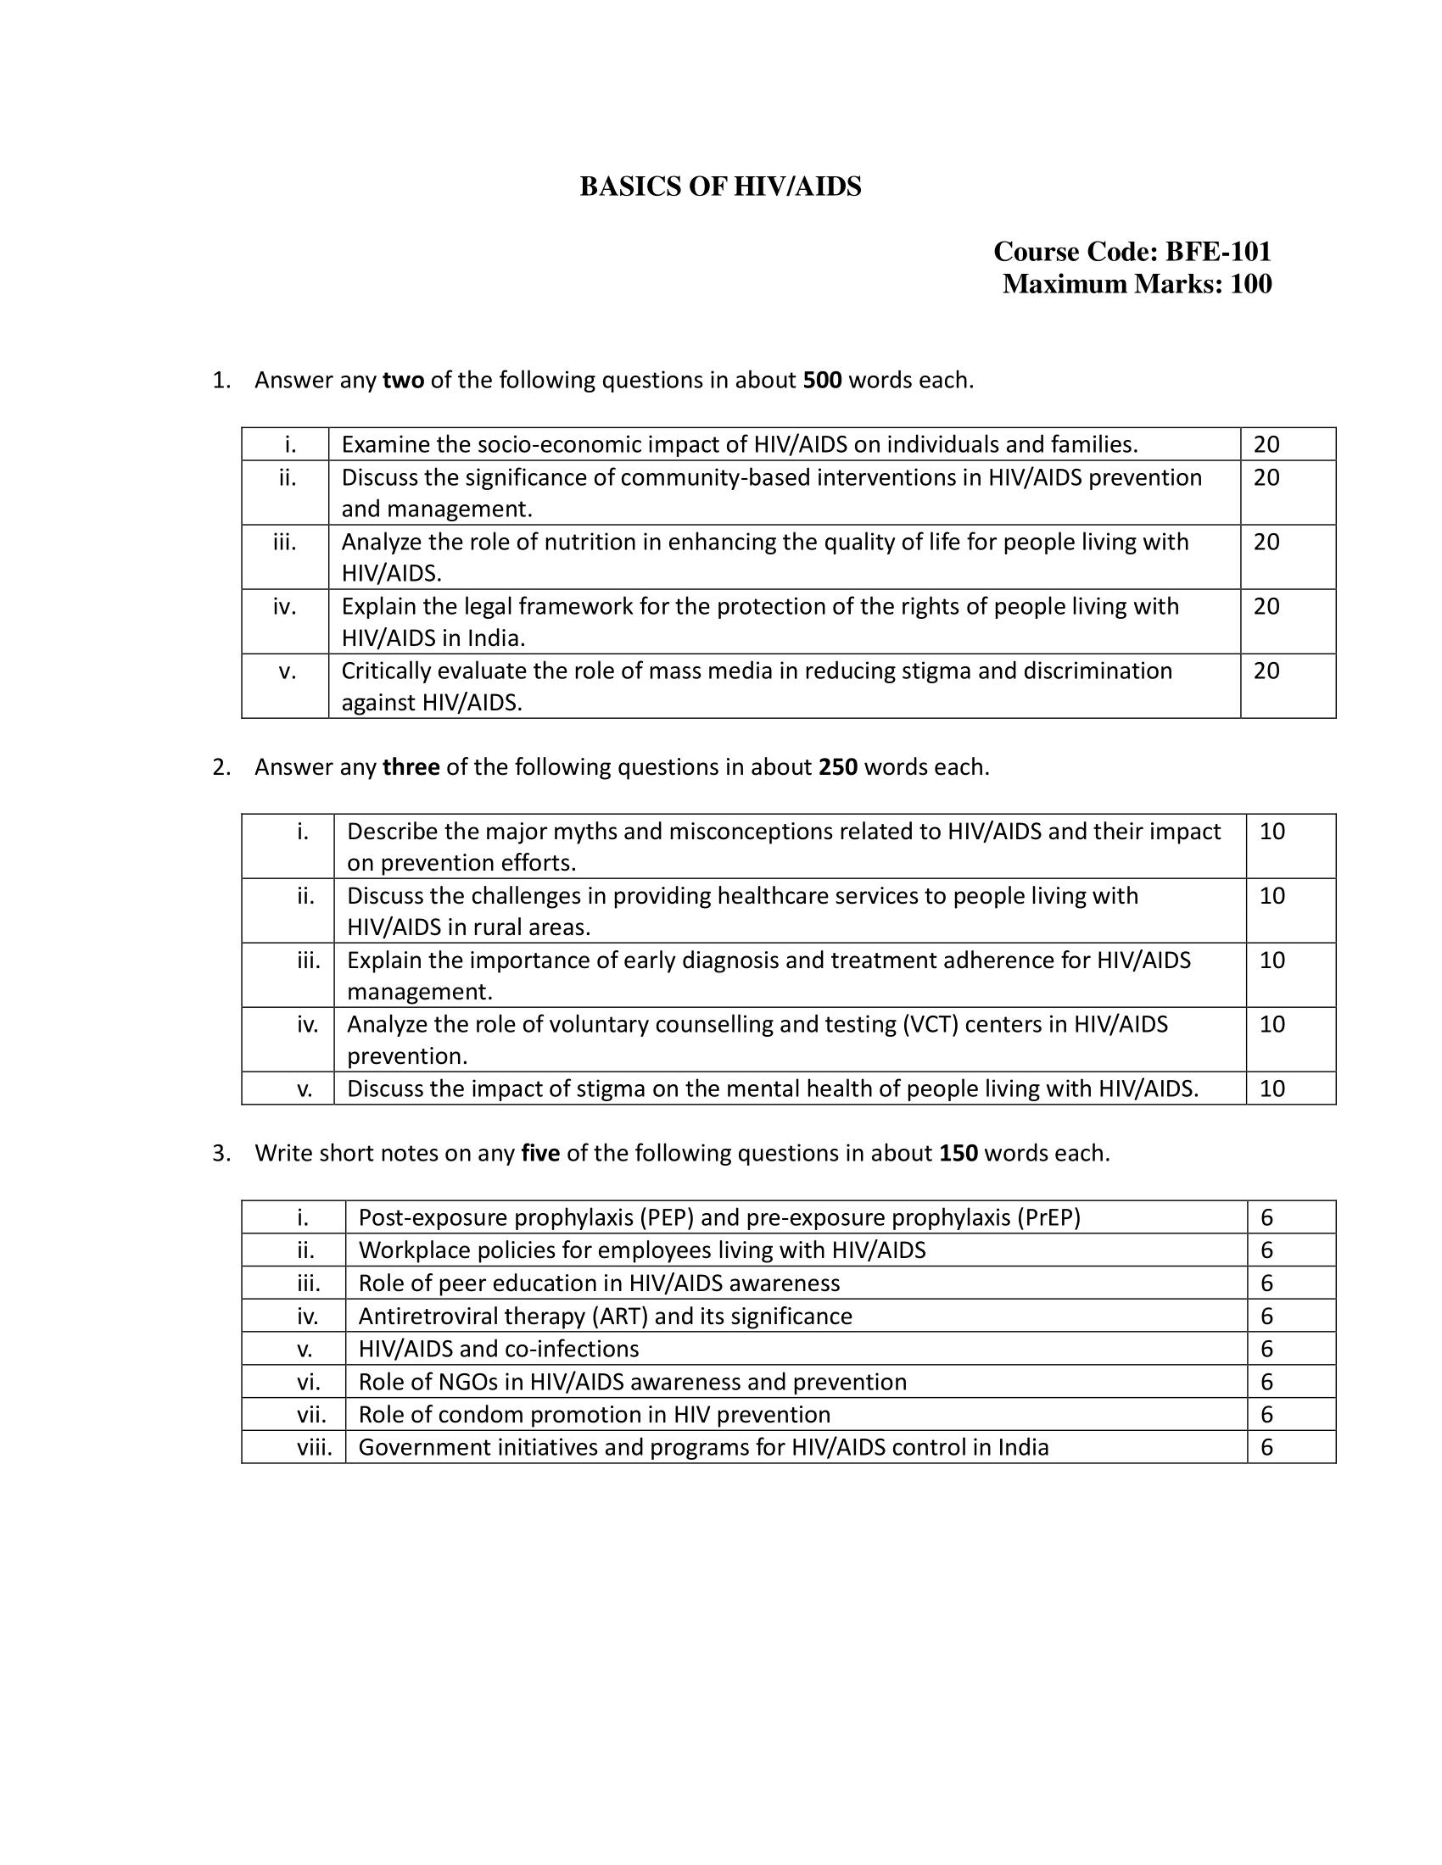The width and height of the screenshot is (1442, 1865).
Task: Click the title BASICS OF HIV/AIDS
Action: (x=720, y=187)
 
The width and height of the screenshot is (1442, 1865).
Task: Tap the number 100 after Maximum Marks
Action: (x=1250, y=284)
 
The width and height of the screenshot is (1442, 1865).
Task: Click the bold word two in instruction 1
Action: (x=403, y=381)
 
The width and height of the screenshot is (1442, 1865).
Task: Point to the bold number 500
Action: (x=823, y=381)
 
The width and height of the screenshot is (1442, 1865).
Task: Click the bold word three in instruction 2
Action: (x=411, y=768)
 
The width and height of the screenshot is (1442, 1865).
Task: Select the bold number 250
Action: (x=838, y=768)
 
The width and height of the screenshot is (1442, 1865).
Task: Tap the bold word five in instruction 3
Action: (x=539, y=1154)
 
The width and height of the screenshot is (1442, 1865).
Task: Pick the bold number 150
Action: (x=959, y=1154)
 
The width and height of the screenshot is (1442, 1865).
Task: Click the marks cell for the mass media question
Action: (x=1266, y=671)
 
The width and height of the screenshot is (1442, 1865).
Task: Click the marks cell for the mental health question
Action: (x=1272, y=1088)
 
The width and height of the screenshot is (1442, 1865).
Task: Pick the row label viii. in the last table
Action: (x=316, y=1447)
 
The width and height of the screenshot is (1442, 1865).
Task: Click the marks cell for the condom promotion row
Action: (x=1267, y=1415)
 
